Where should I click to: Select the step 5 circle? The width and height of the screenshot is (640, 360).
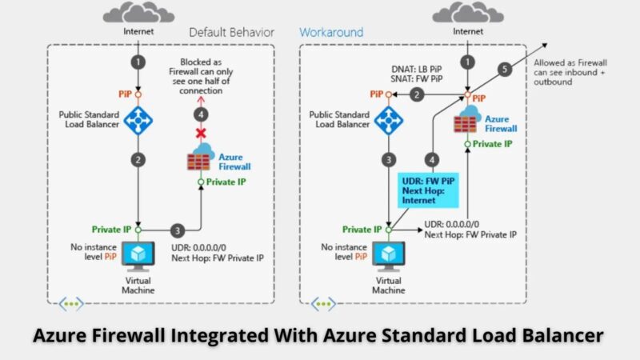point(504,70)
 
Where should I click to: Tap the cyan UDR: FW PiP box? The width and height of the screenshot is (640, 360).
point(428,190)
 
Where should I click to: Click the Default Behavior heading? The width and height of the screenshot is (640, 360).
point(231,33)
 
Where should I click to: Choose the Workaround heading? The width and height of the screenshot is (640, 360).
point(331,33)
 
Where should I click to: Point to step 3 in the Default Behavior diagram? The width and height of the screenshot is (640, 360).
point(178,230)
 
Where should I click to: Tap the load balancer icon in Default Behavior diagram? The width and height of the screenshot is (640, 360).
point(138,119)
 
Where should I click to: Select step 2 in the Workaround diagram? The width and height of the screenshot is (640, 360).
point(417,95)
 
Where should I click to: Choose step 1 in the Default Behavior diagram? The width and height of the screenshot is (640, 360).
point(138,61)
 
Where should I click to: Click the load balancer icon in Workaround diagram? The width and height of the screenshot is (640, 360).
point(389,119)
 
